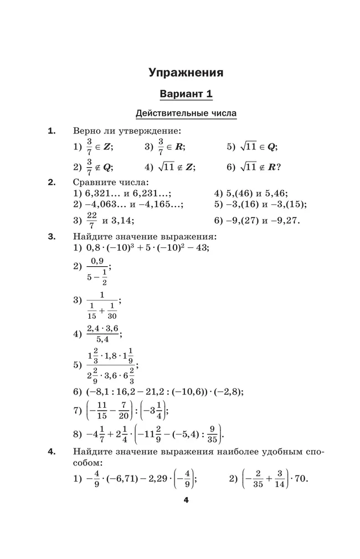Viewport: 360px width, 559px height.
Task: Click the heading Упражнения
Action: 186,73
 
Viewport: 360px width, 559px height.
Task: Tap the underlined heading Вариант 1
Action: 186,94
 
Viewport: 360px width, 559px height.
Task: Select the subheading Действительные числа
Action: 186,113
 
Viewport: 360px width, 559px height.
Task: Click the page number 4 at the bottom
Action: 186,501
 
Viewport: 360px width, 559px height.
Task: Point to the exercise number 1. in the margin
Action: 52,131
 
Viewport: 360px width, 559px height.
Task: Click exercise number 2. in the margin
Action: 52,182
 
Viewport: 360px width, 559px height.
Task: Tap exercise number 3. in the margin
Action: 52,237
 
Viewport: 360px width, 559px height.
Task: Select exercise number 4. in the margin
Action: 52,452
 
